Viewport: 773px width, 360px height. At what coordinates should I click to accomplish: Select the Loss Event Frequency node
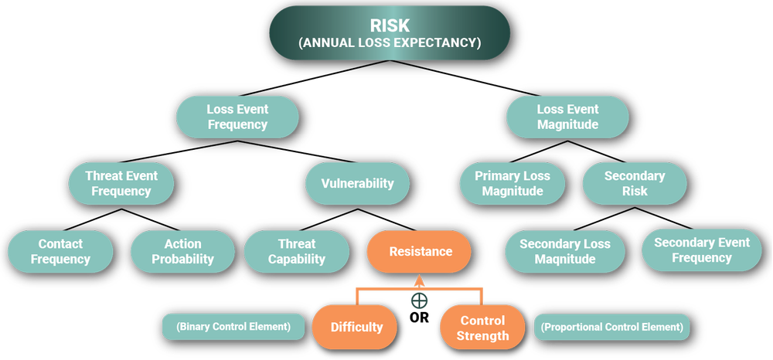[x=237, y=117]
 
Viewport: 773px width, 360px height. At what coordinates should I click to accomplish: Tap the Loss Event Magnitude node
[x=567, y=117]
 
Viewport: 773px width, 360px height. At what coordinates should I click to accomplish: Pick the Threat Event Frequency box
[x=121, y=183]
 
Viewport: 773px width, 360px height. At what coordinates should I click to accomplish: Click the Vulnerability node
[x=357, y=183]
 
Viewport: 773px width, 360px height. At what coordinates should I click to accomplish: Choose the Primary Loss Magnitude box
[x=512, y=183]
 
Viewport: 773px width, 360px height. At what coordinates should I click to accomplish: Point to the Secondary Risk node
[x=635, y=183]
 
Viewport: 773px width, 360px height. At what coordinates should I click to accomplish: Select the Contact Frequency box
[x=60, y=251]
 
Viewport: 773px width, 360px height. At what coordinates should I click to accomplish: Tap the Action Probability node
[x=182, y=251]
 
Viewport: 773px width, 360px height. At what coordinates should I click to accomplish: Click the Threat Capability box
[x=297, y=251]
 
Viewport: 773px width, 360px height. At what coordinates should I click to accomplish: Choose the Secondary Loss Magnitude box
[x=565, y=251]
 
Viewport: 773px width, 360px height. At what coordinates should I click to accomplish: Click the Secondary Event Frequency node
[x=702, y=250]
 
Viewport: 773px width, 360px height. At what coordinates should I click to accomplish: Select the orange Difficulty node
[x=356, y=327]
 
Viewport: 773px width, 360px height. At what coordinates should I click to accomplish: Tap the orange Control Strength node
[x=483, y=327]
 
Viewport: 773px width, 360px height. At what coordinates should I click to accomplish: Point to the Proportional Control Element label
[x=611, y=327]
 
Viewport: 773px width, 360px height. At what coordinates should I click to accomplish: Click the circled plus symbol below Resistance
[x=419, y=300]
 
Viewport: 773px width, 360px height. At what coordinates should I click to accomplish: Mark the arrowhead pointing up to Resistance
[x=419, y=280]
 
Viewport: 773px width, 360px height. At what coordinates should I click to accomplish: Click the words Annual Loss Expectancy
[x=390, y=43]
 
